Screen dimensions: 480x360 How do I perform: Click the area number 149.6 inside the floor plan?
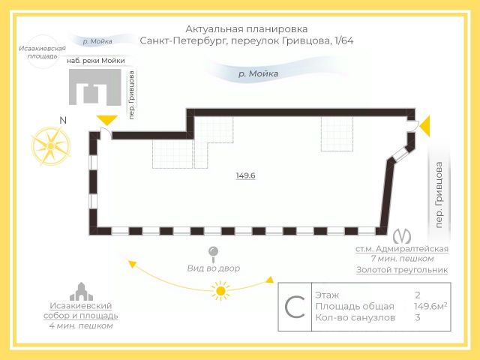tap(246, 175)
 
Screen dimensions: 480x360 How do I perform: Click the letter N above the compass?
tap(63, 120)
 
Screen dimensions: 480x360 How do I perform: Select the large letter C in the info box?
tap(295, 307)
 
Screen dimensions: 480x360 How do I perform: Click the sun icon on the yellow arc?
tap(220, 290)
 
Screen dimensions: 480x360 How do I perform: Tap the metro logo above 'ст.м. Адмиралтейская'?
tap(403, 235)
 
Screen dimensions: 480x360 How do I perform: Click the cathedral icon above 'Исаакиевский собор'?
tap(80, 291)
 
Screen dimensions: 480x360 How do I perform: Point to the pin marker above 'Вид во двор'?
tap(213, 253)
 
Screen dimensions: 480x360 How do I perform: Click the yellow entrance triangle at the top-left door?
tap(106, 120)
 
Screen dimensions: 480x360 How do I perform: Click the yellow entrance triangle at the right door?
tap(424, 126)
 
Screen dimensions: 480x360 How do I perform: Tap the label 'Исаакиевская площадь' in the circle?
tap(38, 52)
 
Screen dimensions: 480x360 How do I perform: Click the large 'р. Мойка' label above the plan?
tap(258, 73)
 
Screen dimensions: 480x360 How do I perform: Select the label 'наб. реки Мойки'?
tap(95, 61)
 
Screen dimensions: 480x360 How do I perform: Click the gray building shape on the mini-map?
tap(94, 88)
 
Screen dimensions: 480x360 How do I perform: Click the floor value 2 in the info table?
tap(418, 295)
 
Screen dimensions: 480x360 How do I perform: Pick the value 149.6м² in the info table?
tap(430, 306)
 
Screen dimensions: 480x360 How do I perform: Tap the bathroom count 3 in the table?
tap(418, 317)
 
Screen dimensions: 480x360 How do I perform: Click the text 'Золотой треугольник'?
tap(401, 269)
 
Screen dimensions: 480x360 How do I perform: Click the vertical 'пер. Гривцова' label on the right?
tap(439, 193)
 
